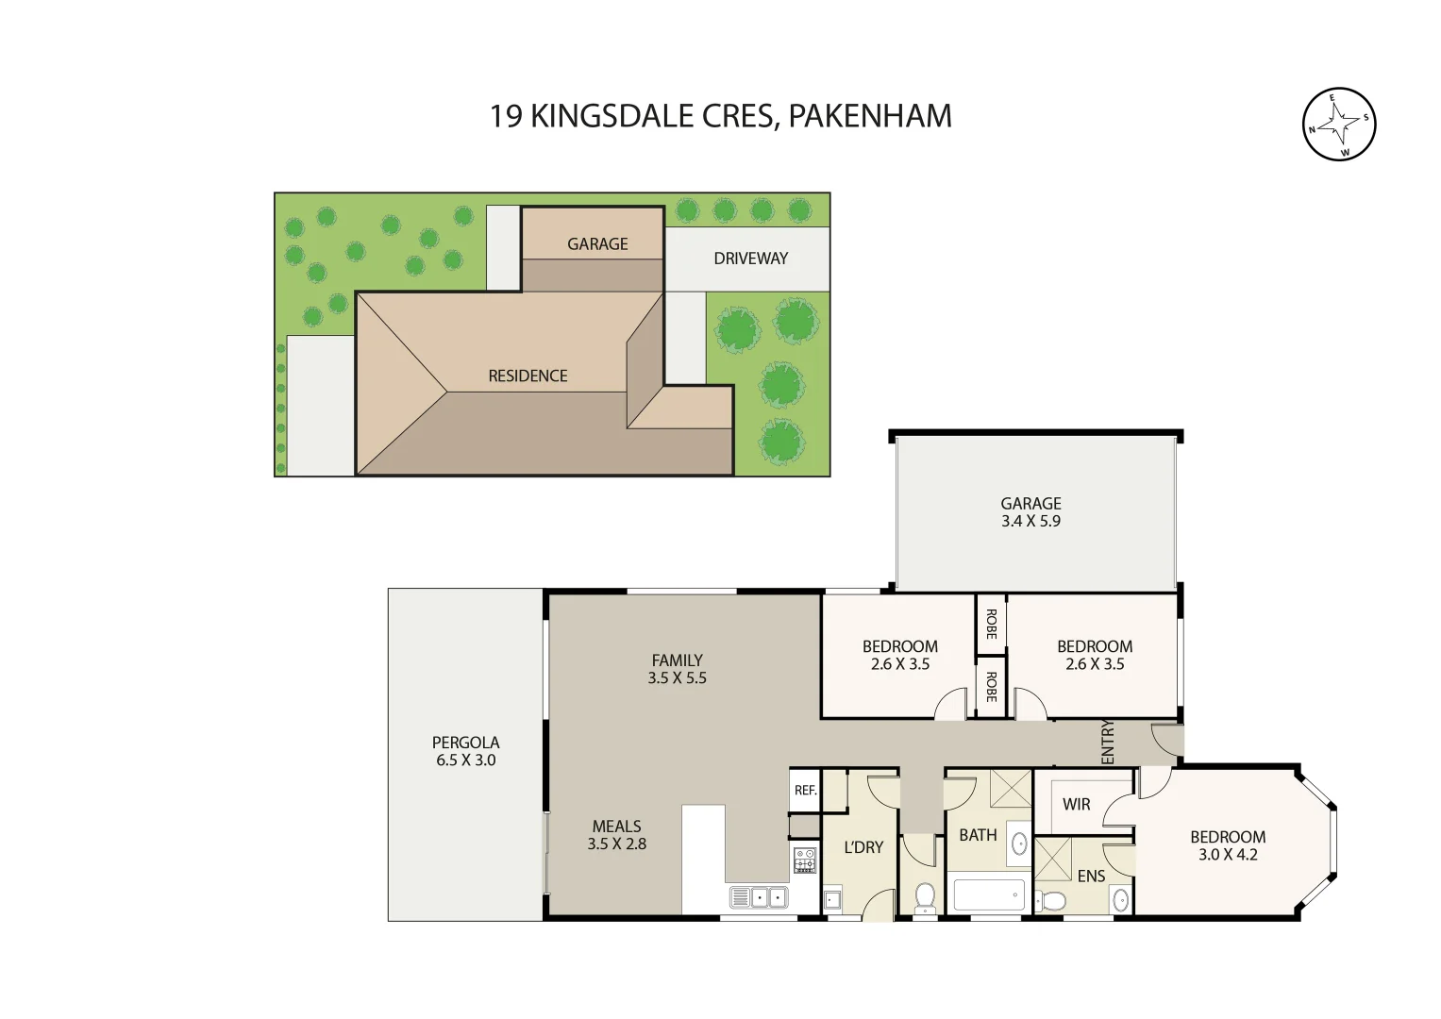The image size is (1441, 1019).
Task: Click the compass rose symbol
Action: [1338, 124]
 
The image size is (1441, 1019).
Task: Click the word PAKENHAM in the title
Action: [869, 116]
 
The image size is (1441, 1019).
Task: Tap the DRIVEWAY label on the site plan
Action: [750, 259]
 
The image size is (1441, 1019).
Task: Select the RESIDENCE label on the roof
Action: [528, 376]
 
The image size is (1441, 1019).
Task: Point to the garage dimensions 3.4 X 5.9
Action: [1030, 521]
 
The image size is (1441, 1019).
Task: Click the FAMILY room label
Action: [677, 660]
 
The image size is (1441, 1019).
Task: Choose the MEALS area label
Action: [616, 827]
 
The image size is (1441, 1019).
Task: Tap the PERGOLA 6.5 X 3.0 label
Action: [465, 751]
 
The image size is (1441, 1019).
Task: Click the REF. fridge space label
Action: [805, 791]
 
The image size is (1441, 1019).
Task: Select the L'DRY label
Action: [863, 847]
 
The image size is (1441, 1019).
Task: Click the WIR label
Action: [1076, 804]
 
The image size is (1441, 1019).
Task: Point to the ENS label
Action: [1091, 876]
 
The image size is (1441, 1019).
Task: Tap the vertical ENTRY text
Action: [1108, 742]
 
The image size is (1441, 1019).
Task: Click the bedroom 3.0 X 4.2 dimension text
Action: [1228, 855]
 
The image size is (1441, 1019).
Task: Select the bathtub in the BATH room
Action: [988, 894]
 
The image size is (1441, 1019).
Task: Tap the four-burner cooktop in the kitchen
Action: [805, 860]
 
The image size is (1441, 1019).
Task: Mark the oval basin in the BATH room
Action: [1019, 843]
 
